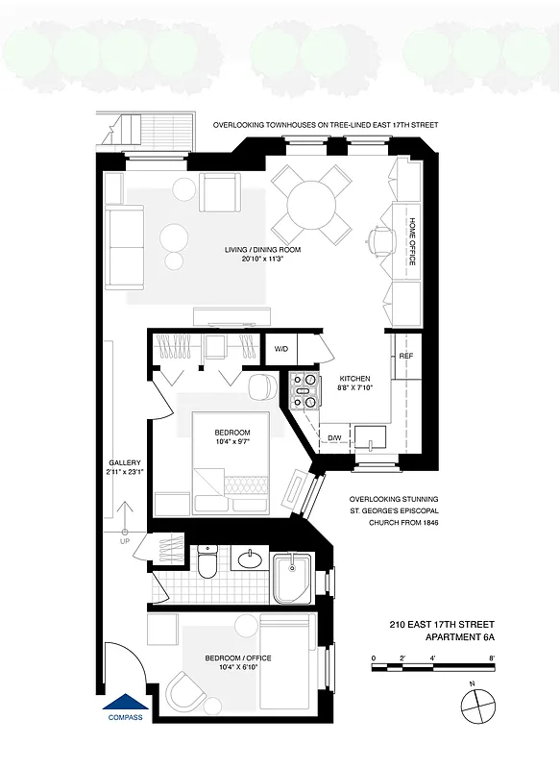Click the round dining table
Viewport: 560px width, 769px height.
click(x=311, y=204)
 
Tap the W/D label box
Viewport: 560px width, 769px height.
click(x=281, y=349)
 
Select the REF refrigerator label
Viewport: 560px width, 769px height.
click(x=405, y=356)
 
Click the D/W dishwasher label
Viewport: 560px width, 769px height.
click(x=334, y=438)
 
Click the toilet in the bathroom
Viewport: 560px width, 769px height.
click(x=205, y=566)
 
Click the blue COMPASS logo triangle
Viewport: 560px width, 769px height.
click(x=125, y=705)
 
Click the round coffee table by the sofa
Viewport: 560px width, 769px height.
click(x=175, y=236)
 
